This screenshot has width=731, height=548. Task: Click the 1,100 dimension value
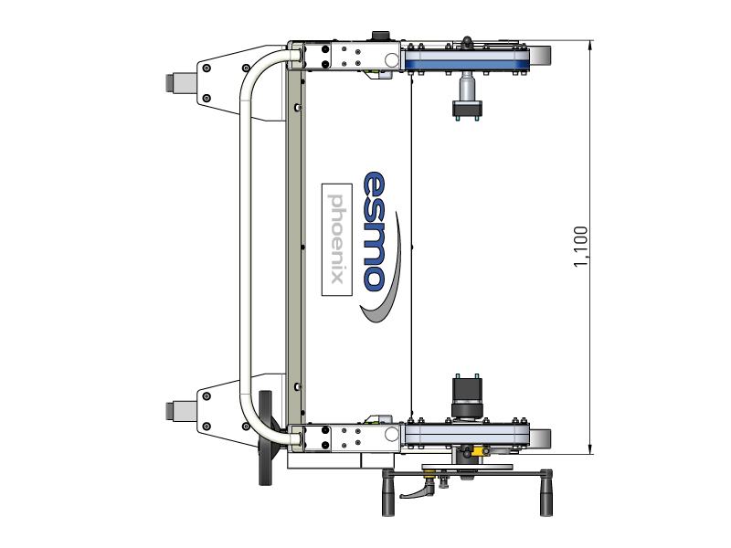580,247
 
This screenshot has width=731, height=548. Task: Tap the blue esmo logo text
375,232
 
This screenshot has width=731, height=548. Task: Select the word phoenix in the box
336,238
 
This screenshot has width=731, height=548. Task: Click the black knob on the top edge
380,36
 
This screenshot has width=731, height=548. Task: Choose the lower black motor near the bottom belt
467,397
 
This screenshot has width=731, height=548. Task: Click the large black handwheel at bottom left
265,438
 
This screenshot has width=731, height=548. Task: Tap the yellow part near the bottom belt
479,451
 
